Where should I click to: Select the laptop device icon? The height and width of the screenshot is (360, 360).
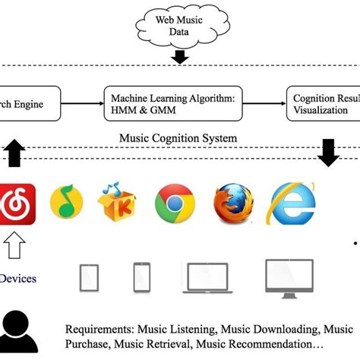(205, 278)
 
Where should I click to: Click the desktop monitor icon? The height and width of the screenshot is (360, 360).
(289, 276)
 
